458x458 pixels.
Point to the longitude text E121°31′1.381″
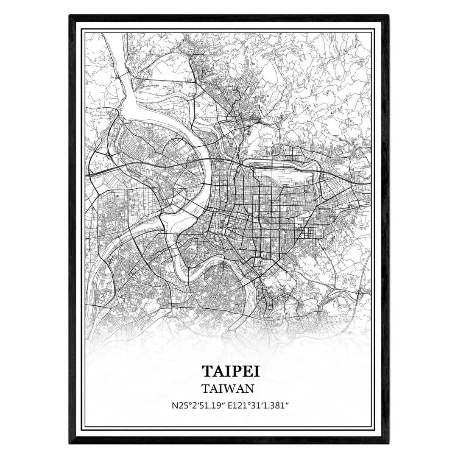pyautogui.click(x=259, y=405)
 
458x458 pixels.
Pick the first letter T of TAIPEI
pyautogui.click(x=207, y=370)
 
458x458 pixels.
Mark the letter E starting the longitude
pyautogui.click(x=230, y=405)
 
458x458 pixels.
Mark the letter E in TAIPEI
pyautogui.click(x=243, y=370)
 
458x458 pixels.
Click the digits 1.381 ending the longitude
pyautogui.click(x=276, y=405)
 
